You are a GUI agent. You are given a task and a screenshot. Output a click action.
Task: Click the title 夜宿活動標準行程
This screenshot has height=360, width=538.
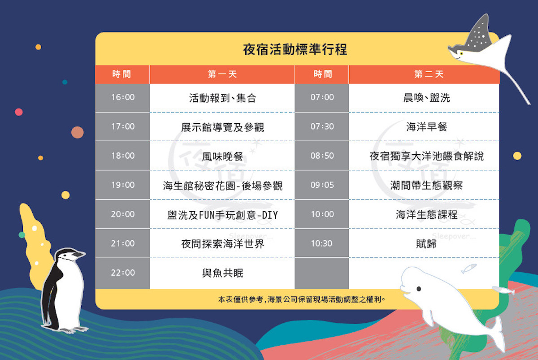pos(295,49)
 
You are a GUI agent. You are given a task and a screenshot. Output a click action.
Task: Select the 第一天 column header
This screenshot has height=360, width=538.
pos(222,74)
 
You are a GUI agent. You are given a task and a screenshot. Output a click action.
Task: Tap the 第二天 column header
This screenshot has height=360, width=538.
pos(429,74)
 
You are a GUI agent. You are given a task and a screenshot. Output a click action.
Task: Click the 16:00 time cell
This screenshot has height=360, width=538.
pos(123,97)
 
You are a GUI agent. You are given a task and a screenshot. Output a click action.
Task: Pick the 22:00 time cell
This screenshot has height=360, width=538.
pos(123,273)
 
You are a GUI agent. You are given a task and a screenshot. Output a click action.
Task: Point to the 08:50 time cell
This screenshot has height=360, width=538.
pos(322,156)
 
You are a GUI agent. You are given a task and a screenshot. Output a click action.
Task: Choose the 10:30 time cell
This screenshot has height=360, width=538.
pos(321,243)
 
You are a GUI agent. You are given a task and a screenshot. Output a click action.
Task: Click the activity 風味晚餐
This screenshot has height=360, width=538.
pos(222,156)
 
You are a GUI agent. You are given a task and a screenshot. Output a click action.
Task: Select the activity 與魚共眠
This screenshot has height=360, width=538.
pos(222,273)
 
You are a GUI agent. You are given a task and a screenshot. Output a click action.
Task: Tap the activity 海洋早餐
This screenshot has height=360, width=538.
pos(426,127)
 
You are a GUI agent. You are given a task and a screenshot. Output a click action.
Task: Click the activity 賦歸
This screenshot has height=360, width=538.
pos(426,244)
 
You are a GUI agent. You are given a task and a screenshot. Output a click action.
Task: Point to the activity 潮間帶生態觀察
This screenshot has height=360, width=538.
pos(426,185)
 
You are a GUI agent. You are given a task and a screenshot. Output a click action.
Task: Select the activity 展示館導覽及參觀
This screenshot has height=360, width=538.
pos(222,127)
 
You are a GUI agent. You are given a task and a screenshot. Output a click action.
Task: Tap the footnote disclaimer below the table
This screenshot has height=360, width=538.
pos(302,299)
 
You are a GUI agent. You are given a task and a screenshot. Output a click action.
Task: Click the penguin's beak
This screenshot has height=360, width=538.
pos(79,254)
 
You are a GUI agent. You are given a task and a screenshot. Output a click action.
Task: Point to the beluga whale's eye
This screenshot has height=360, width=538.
pos(419,289)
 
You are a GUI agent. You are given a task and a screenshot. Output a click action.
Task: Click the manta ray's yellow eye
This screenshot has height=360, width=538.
pos(461,53)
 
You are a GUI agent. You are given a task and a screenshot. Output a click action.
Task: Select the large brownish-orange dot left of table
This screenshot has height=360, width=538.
pos(77,132)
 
